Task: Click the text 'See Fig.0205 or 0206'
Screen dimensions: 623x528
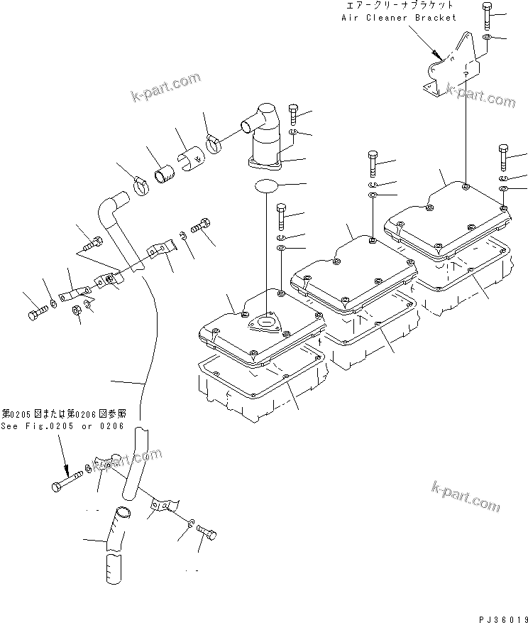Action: point(62,426)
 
